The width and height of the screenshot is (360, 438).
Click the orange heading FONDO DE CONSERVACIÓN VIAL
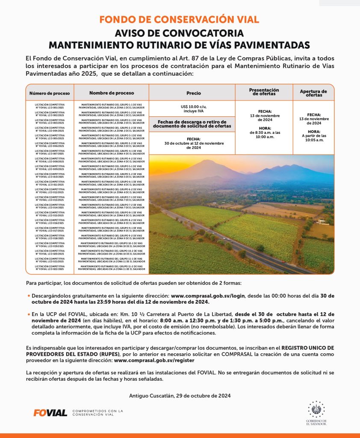click(180, 20)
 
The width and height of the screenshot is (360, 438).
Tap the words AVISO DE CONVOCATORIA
click(180, 33)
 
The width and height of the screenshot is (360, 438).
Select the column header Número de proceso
click(49, 93)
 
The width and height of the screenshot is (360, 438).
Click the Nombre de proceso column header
click(111, 93)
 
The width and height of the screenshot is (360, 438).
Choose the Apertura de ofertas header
click(313, 93)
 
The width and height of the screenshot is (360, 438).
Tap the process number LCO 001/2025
click(50, 108)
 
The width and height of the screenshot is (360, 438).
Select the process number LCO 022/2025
click(50, 269)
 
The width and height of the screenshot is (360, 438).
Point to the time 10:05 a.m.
click(313, 140)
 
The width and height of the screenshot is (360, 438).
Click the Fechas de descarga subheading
click(192, 124)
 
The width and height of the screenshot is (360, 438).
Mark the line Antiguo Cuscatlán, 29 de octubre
click(180, 396)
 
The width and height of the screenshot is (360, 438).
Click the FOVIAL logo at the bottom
click(50, 413)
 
